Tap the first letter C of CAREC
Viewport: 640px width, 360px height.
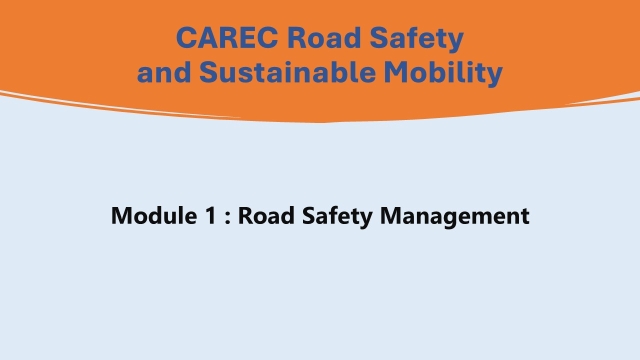click(187, 39)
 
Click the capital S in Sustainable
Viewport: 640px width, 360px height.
click(208, 72)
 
